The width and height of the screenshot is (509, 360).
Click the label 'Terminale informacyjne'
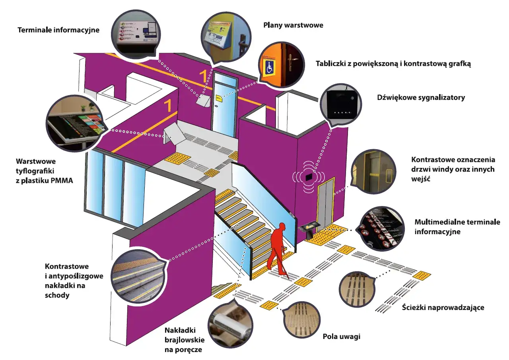click(58, 30)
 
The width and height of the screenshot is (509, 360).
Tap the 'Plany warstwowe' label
click(293, 25)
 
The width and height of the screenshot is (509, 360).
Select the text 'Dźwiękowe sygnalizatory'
click(421, 97)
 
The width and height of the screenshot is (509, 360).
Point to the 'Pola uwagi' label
click(341, 337)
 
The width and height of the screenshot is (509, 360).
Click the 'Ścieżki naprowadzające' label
click(443, 308)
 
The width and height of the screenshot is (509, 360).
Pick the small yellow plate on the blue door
click(218, 97)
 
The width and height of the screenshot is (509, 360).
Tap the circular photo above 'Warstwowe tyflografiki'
click(75, 123)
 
